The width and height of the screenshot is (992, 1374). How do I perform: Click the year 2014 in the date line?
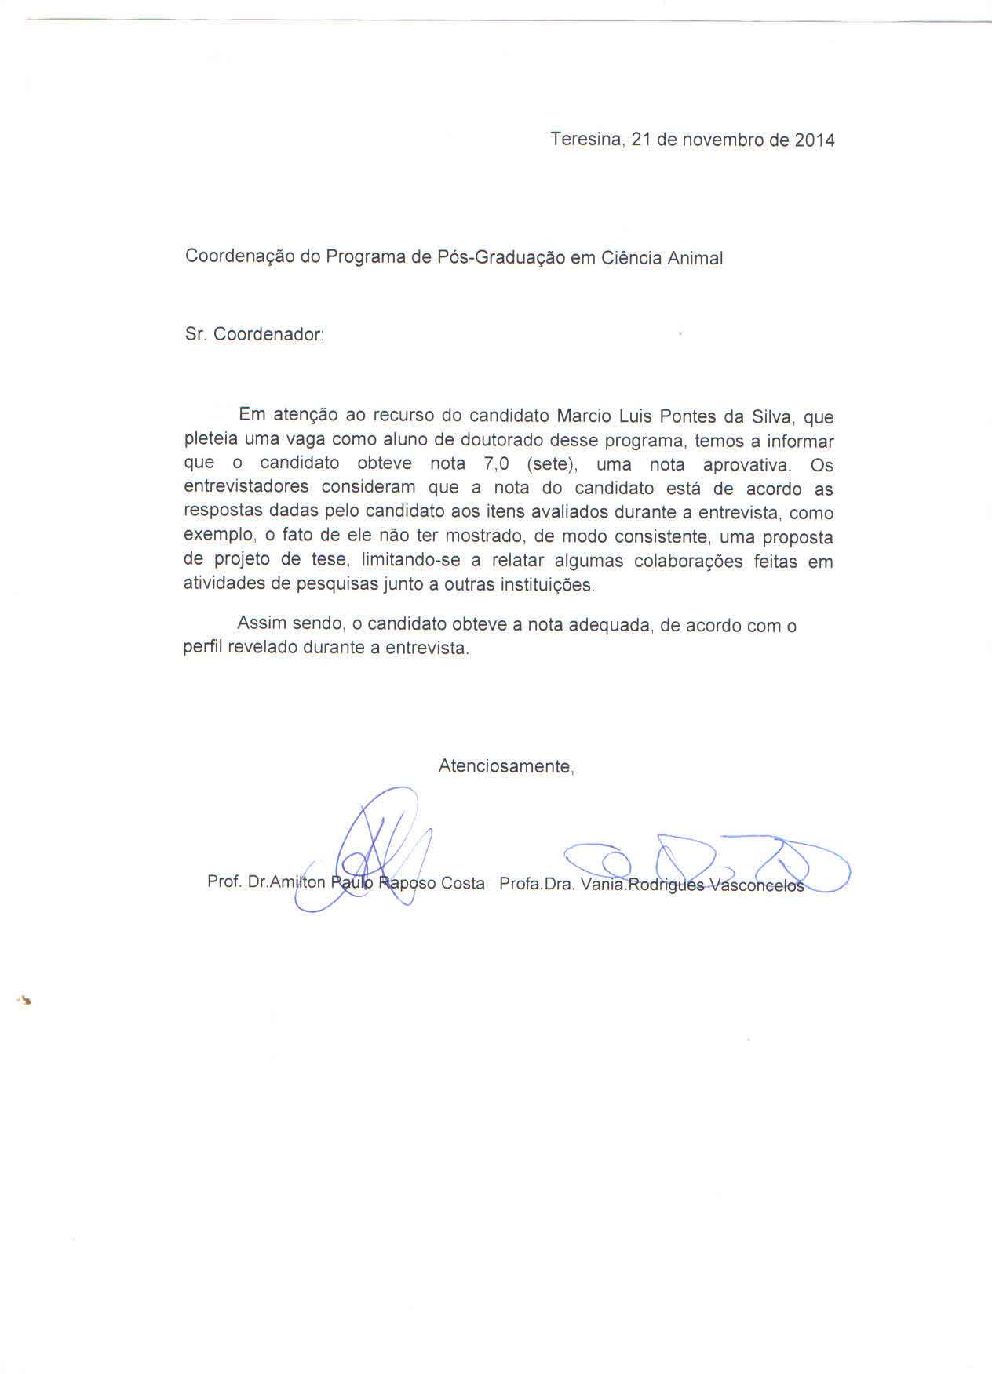point(815,140)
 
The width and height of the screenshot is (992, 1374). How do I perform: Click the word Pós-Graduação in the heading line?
point(501,258)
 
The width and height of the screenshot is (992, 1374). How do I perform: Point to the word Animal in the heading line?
point(695,258)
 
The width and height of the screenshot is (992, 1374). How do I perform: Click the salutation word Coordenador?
point(268,334)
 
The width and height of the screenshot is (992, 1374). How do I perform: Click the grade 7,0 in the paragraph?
point(497,464)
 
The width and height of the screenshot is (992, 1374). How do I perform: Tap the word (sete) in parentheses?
point(552,465)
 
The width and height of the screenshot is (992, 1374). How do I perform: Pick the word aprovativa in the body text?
point(746,465)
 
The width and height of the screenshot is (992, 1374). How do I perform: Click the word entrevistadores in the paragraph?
point(246,488)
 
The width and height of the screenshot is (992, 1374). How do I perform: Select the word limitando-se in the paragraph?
point(410,561)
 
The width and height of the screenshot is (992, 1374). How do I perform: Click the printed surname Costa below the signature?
point(462,883)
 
